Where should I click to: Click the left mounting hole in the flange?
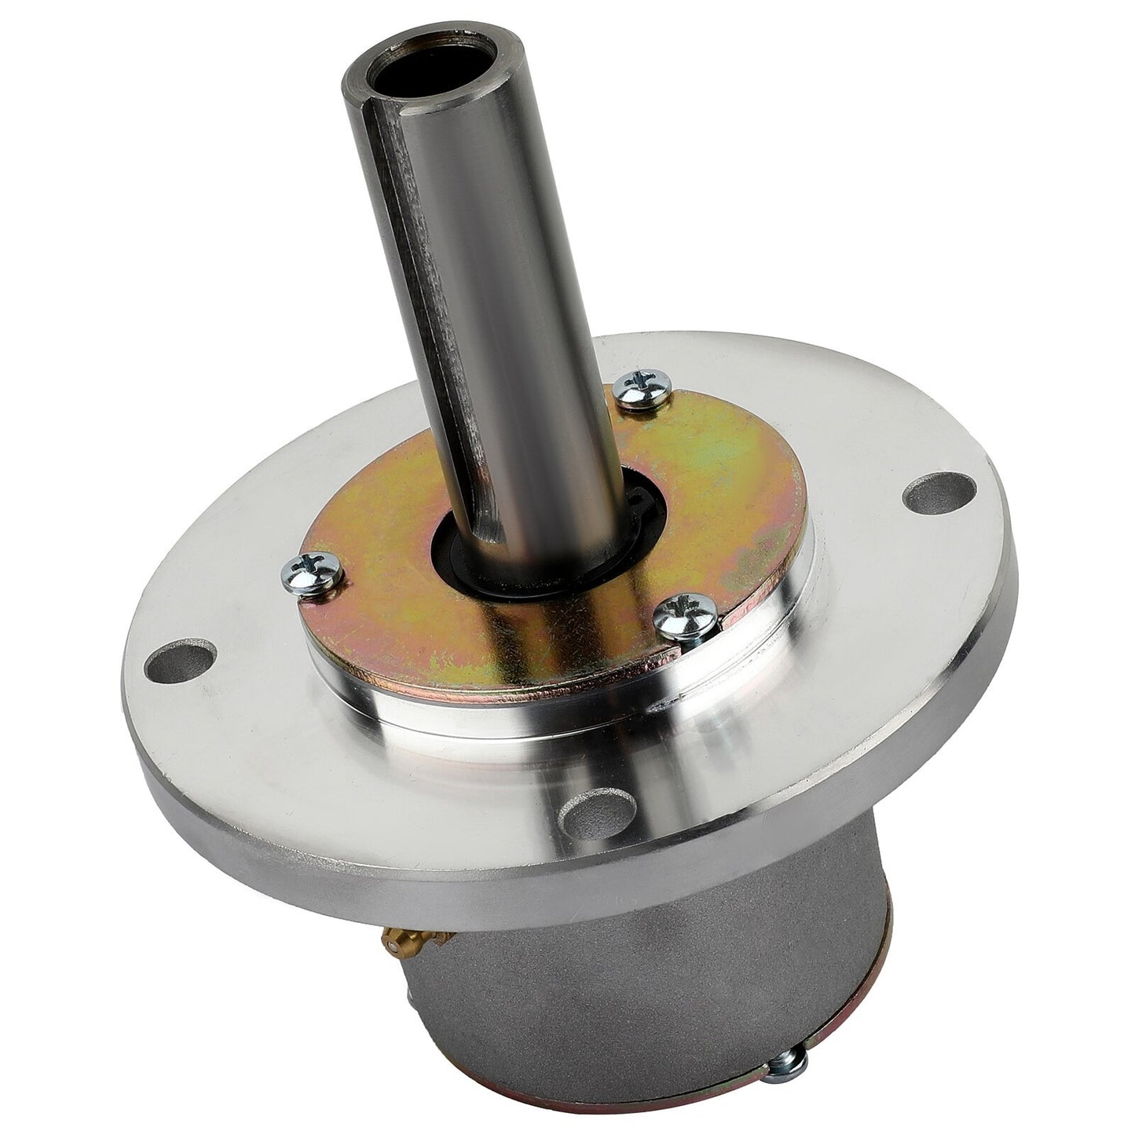(185, 654)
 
